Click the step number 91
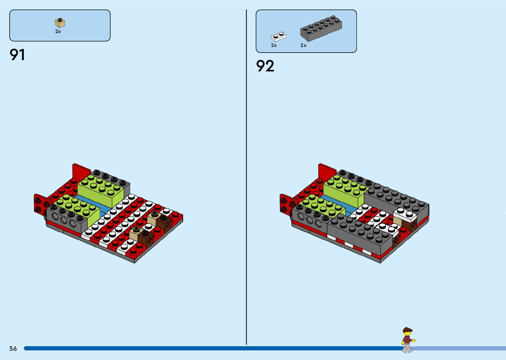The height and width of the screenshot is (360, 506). [18, 55]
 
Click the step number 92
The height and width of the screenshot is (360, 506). [265, 66]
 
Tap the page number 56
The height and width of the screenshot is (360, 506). [13, 348]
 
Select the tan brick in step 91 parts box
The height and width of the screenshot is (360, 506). [60, 23]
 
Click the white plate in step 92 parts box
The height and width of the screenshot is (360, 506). [278, 36]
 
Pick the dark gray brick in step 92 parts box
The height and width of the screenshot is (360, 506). [321, 28]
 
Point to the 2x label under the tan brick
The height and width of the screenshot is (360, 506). [58, 32]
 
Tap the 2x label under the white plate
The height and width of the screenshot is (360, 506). [274, 45]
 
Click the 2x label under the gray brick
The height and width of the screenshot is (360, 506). [303, 45]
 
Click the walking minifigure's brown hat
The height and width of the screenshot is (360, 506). [407, 330]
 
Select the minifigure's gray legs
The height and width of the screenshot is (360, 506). [407, 348]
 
